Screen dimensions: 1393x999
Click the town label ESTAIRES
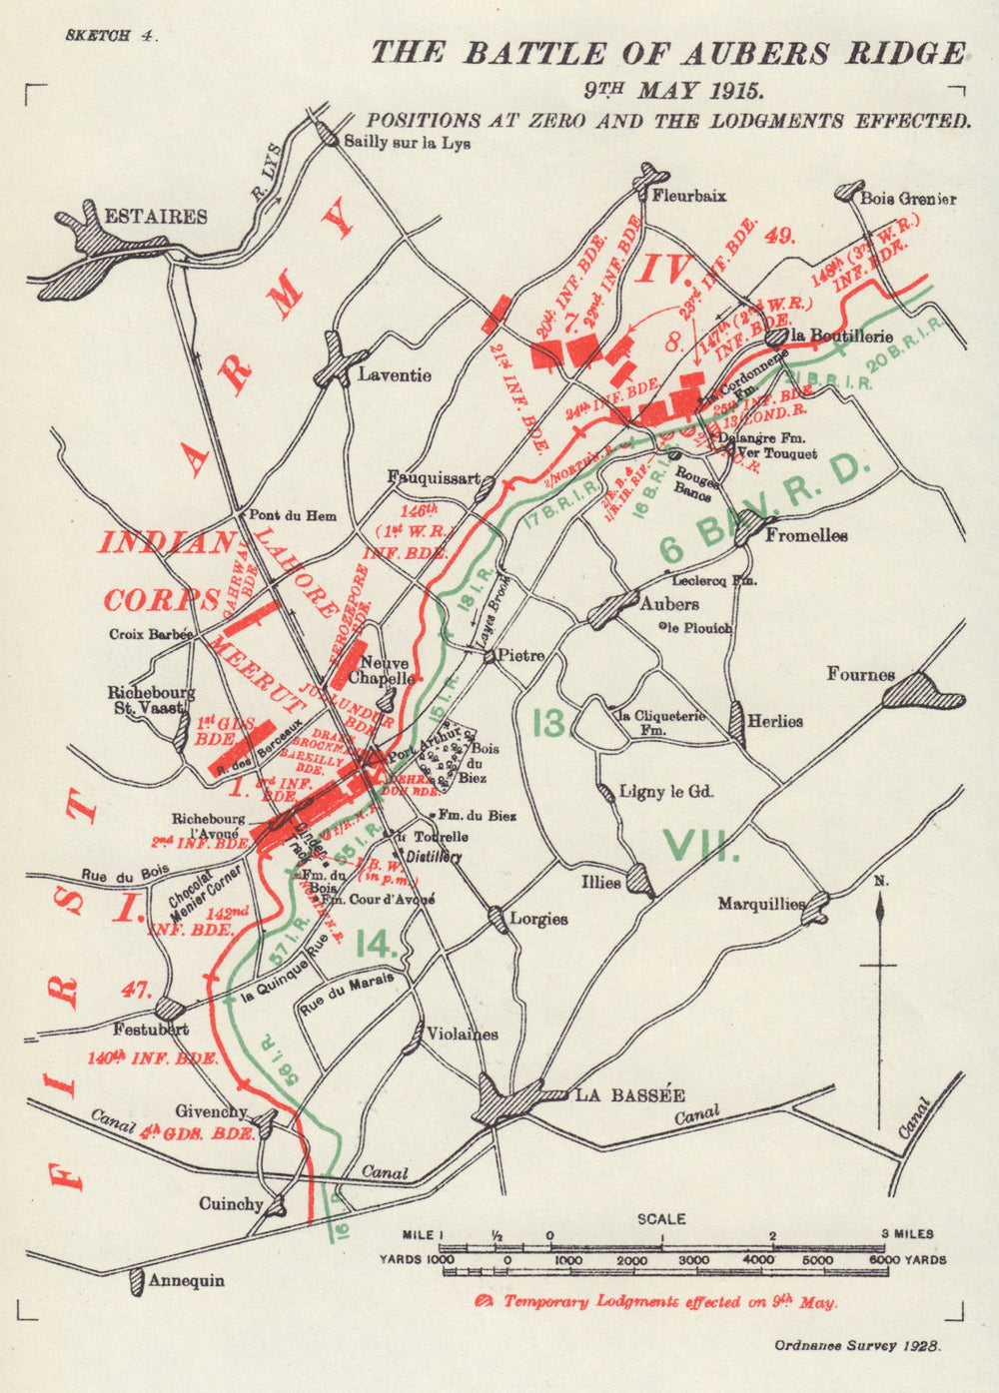pos(156,216)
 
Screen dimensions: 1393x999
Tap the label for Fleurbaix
pos(688,197)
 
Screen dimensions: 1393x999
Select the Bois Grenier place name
pos(908,198)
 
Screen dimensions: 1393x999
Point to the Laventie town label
pos(395,375)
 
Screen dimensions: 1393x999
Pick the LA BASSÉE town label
pos(629,1094)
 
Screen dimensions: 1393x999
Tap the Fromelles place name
pos(806,535)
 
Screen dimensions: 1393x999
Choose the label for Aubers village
pos(669,604)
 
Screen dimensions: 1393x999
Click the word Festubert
pos(152,1029)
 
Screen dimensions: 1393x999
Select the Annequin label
pos(186,1280)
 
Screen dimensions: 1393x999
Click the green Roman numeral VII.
pos(702,847)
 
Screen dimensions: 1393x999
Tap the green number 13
pos(549,722)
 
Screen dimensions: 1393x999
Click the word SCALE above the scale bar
pos(662,1218)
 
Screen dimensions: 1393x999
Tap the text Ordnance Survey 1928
pos(858,1345)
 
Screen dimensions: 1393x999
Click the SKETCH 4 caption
pos(110,34)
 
